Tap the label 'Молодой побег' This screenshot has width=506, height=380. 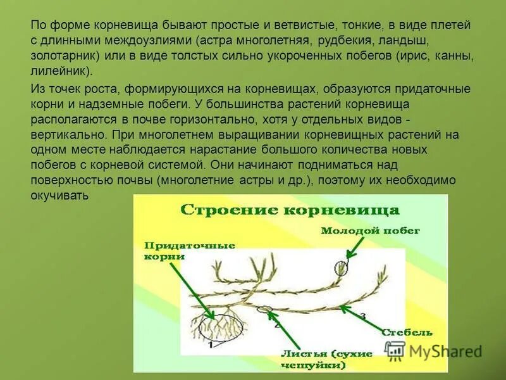pos(370,231)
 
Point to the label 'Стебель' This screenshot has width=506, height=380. pos(407,332)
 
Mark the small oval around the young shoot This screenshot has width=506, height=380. pos(342,267)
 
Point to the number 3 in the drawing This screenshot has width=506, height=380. pos(362,314)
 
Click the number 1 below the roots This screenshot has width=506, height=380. pos(211,345)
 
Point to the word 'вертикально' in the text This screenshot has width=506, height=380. pos(67,134)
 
